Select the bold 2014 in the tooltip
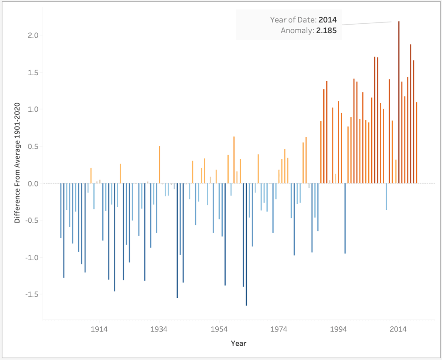(328, 19)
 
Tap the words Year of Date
(293, 19)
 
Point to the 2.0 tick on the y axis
(33, 35)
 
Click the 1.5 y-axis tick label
(33, 72)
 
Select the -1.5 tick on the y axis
(32, 294)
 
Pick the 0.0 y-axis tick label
(33, 183)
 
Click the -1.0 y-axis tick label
(32, 258)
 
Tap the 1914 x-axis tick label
(99, 329)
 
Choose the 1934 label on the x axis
(159, 329)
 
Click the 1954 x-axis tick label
(219, 329)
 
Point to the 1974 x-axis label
(279, 329)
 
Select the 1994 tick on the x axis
(339, 329)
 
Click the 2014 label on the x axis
(398, 329)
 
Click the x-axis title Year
(238, 344)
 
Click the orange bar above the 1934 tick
(159, 164)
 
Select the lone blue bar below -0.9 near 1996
(345, 218)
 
